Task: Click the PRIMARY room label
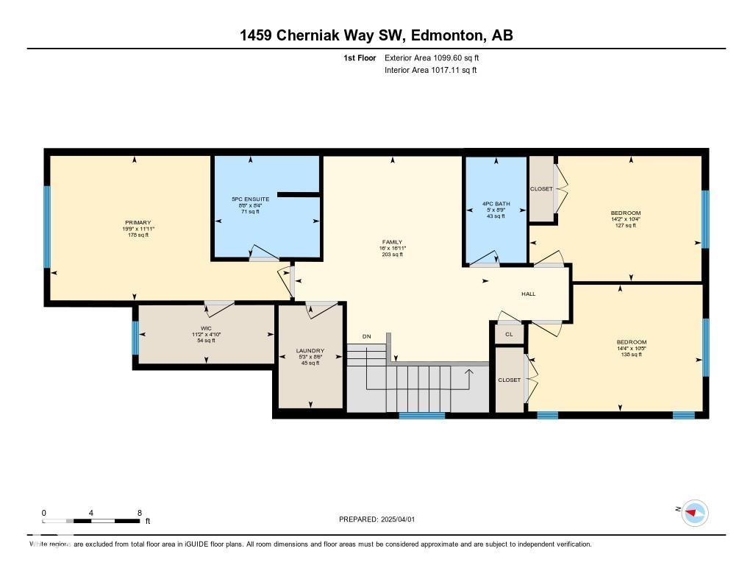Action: pyautogui.click(x=138, y=223)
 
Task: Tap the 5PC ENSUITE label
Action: pyautogui.click(x=251, y=199)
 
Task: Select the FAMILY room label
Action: pyautogui.click(x=392, y=242)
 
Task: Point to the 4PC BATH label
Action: pyautogui.click(x=496, y=204)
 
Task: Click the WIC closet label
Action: pyautogui.click(x=206, y=328)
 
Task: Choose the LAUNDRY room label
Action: pyautogui.click(x=310, y=351)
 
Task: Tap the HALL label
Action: pyautogui.click(x=528, y=294)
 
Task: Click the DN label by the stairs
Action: pyautogui.click(x=366, y=337)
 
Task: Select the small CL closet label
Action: pyautogui.click(x=509, y=334)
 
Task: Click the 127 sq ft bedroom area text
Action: pyautogui.click(x=626, y=225)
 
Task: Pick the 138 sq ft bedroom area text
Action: pyautogui.click(x=631, y=355)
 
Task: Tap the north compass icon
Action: pyautogui.click(x=694, y=513)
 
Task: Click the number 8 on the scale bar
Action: pyautogui.click(x=139, y=513)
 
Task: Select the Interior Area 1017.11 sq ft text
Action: pyautogui.click(x=430, y=71)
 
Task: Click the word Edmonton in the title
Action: pyautogui.click(x=446, y=35)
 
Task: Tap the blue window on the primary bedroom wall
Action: pyautogui.click(x=47, y=227)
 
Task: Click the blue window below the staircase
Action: pyautogui.click(x=421, y=415)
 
